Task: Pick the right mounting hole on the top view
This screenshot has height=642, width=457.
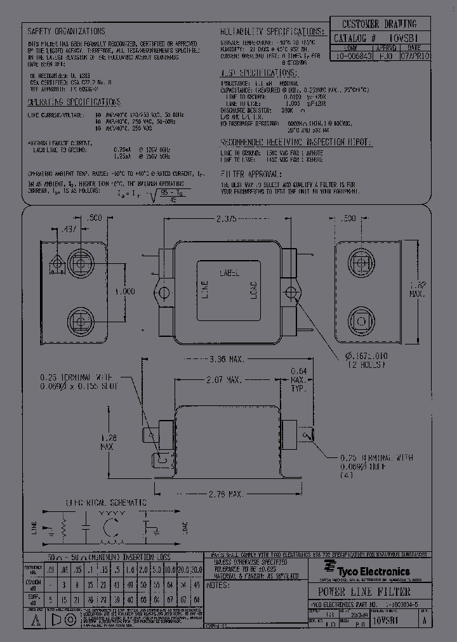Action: click(x=291, y=293)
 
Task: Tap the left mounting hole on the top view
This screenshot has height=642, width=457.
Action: click(x=164, y=293)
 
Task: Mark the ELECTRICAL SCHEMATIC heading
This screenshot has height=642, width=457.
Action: click(x=105, y=502)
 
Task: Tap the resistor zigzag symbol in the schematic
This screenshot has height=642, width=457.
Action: click(x=63, y=528)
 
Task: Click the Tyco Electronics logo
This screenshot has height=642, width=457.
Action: click(x=366, y=570)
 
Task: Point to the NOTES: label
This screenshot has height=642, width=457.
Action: click(x=218, y=586)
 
